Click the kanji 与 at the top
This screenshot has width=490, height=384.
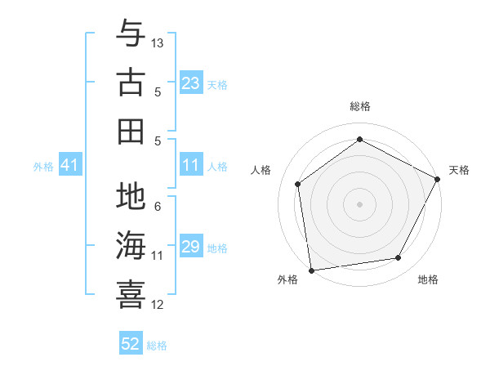(x=131, y=35)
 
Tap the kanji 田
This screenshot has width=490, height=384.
(x=131, y=130)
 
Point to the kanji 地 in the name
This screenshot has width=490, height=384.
(x=131, y=197)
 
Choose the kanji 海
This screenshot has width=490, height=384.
(x=131, y=245)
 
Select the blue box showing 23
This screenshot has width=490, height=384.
(x=191, y=83)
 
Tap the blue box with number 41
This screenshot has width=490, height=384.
(x=69, y=166)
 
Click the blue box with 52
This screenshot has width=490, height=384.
(x=131, y=344)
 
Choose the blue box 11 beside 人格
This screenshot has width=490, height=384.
(x=191, y=166)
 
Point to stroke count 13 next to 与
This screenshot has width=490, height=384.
(x=158, y=42)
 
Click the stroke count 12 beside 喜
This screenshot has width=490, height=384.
(x=158, y=305)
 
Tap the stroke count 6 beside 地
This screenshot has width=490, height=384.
(x=158, y=206)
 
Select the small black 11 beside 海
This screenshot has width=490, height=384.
(x=158, y=256)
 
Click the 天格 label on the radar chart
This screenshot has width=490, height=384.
(x=459, y=170)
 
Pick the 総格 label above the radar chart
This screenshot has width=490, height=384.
(x=359, y=106)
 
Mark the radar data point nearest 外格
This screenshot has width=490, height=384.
(x=311, y=269)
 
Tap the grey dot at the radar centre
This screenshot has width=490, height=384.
(x=359, y=203)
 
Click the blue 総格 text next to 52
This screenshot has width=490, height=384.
(x=157, y=346)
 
